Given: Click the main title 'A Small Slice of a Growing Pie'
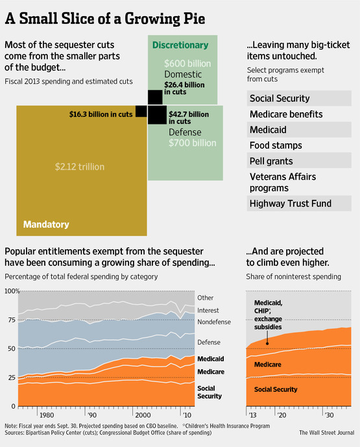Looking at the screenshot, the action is click(x=105, y=19).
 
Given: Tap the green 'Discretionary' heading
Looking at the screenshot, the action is click(x=180, y=45).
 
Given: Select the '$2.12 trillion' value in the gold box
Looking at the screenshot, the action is click(x=80, y=167).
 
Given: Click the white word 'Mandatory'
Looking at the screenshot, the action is click(x=46, y=224).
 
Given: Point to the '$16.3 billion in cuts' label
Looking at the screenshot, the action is click(x=101, y=114).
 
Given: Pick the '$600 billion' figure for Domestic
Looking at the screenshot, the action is click(x=187, y=64).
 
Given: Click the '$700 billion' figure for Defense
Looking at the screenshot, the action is click(x=193, y=143).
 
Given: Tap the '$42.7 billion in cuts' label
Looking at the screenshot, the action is click(x=189, y=117).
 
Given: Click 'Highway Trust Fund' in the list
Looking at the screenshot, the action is click(x=291, y=204).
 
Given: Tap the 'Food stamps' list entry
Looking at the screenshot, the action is click(x=276, y=145).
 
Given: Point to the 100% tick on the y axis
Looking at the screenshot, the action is click(x=12, y=291).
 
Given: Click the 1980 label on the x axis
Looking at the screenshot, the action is click(x=47, y=415).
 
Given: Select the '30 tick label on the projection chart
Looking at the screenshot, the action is click(x=330, y=415).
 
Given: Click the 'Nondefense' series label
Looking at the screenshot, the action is click(x=214, y=322).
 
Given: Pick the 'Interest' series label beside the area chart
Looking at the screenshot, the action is click(x=208, y=311).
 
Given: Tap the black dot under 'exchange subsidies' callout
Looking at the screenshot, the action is click(x=267, y=343).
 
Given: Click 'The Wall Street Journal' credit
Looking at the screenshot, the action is click(x=327, y=433).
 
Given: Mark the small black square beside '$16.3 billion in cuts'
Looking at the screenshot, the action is click(x=141, y=111).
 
